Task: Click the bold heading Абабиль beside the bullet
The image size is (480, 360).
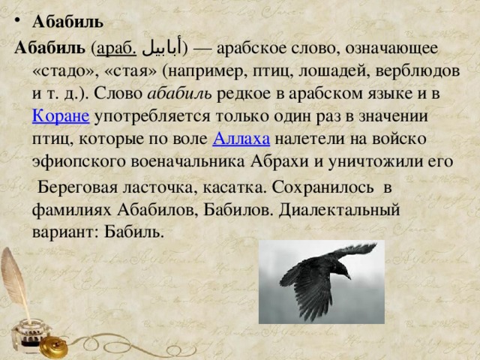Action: [x=67, y=22]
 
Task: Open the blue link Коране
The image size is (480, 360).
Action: [x=61, y=116]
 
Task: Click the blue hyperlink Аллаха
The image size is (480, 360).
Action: [x=241, y=139]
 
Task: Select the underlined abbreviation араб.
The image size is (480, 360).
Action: [x=116, y=49]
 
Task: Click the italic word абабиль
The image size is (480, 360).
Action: [x=179, y=93]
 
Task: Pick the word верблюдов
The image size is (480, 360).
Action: [x=417, y=71]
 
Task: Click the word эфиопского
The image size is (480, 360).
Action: [x=79, y=162]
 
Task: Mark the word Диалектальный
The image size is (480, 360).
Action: [x=339, y=210]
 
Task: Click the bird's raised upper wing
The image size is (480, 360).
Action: [x=352, y=251]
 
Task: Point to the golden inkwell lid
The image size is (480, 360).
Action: [x=54, y=346]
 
